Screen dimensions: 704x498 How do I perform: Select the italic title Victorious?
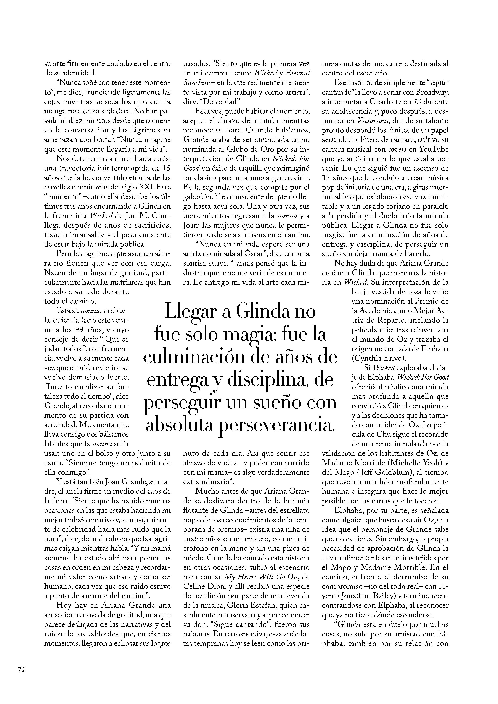tap(373, 121)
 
